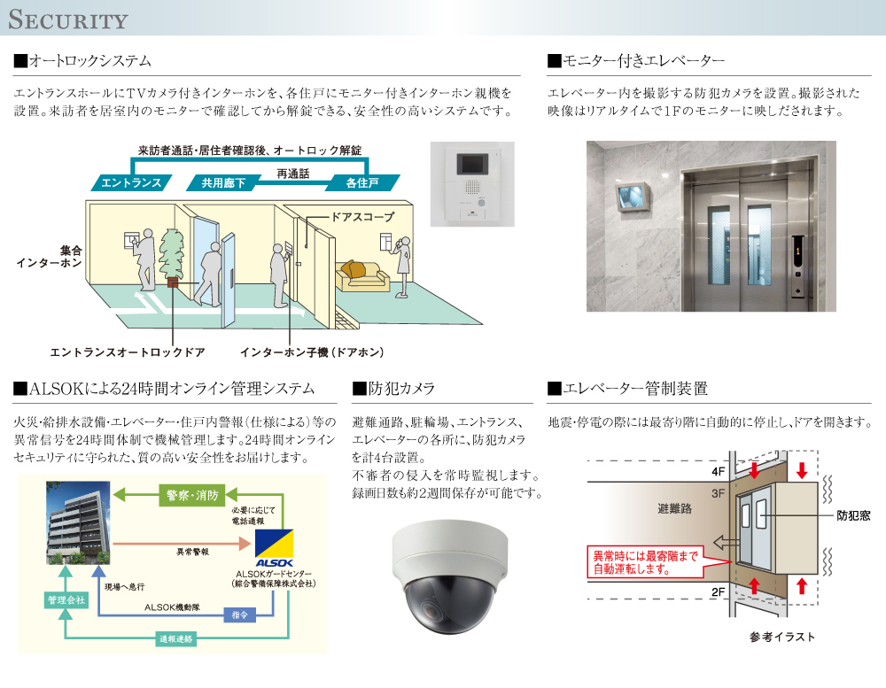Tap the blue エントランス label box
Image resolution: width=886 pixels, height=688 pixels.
131,183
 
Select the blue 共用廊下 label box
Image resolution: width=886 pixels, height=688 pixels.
224,183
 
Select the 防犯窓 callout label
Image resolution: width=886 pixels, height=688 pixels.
854,515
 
